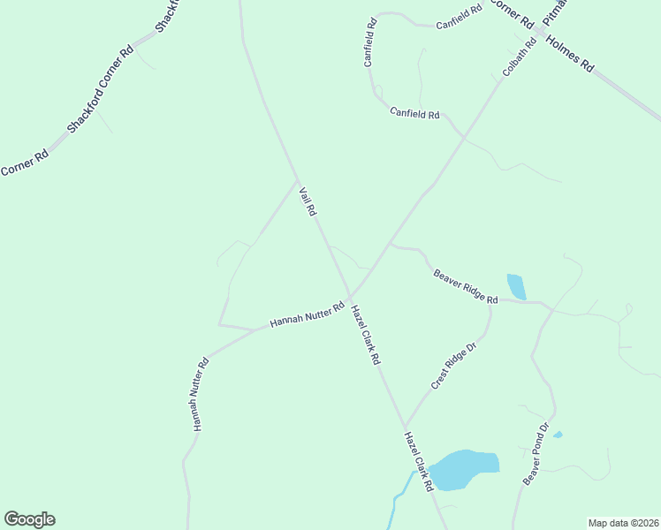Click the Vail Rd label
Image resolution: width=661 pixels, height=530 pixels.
[308, 201]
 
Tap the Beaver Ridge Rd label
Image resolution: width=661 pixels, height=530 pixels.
[466, 287]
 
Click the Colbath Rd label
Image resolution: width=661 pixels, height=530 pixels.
[520, 56]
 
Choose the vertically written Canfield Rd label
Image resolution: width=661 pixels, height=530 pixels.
[371, 42]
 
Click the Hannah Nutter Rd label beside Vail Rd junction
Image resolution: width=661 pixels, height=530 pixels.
[307, 315]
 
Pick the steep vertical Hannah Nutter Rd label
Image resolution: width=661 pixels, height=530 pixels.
[200, 394]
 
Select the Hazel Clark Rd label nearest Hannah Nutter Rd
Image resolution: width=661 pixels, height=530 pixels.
[365, 335]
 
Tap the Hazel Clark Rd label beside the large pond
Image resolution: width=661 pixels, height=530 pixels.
[419, 461]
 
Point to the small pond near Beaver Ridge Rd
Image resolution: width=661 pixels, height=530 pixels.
[516, 286]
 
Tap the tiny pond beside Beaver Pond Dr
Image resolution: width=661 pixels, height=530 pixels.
[558, 435]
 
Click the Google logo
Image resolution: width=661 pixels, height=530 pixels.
[29, 519]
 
